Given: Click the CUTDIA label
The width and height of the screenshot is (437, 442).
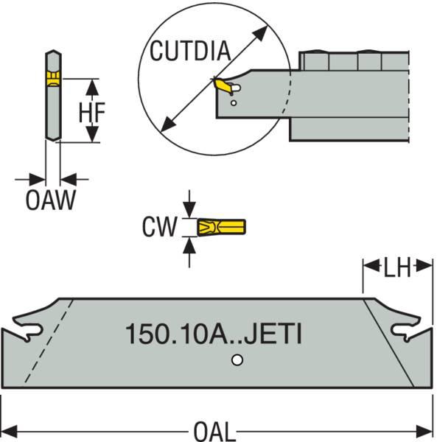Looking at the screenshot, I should [190, 51].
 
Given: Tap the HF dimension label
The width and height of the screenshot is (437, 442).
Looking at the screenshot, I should [92, 111].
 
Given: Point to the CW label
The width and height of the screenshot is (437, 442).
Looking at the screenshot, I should [159, 226].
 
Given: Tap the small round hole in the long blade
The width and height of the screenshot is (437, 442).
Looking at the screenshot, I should [235, 360].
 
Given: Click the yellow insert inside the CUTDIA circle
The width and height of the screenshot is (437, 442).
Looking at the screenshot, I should [222, 87].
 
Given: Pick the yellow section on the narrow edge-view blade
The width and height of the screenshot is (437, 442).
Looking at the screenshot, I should [52, 79].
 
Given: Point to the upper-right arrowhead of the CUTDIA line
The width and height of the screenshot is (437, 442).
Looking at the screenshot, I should [262, 29].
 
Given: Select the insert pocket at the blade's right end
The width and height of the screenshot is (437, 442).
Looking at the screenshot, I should [406, 332].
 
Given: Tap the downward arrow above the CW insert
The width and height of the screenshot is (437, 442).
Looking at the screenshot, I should [190, 210].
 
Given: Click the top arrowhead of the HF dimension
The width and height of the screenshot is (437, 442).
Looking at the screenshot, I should [91, 85].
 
